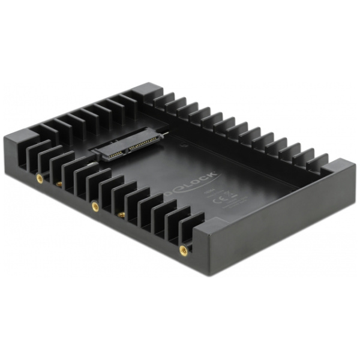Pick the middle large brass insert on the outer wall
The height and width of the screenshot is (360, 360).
pyautogui.click(x=94, y=207)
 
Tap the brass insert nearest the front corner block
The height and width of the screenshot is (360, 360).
pyautogui.click(x=183, y=251)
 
